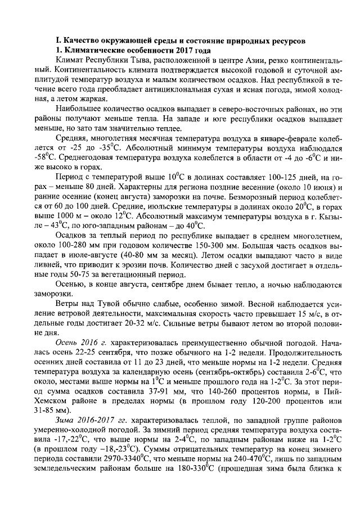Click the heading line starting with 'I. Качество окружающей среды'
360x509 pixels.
(x=179, y=41)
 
